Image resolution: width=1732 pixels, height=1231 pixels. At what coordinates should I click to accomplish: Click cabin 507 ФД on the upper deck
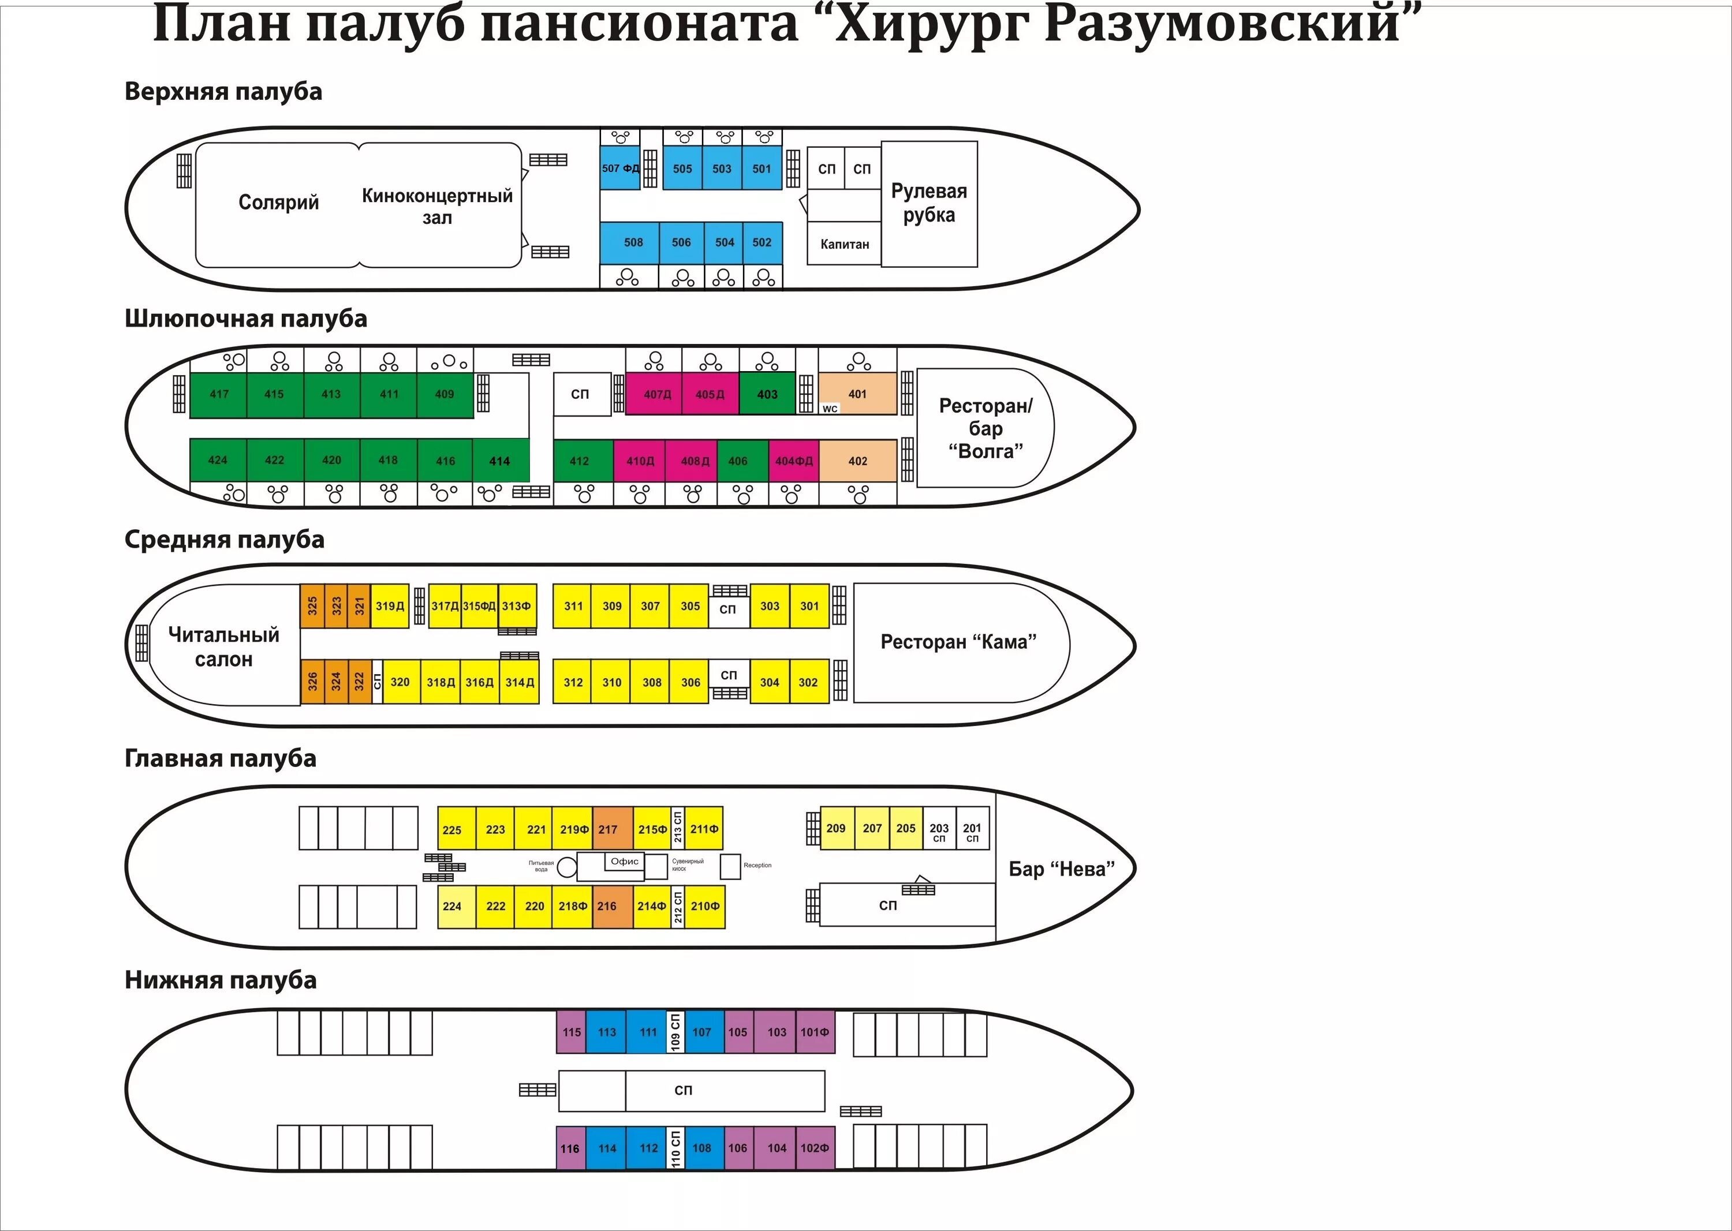(619, 169)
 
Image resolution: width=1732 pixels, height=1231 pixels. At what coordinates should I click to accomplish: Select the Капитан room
(844, 244)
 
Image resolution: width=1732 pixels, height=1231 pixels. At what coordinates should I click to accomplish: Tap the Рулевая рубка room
(929, 203)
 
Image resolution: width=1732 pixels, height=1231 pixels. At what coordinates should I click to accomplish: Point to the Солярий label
(278, 203)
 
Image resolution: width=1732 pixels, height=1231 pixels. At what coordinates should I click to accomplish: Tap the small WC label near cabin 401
(830, 409)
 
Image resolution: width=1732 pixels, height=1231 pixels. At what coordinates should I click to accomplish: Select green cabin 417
(219, 394)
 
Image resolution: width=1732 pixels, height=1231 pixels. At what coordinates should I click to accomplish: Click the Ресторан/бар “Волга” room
(985, 428)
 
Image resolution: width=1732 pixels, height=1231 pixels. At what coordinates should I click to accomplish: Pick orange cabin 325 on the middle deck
(312, 605)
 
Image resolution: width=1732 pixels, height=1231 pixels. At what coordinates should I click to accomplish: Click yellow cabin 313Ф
(516, 605)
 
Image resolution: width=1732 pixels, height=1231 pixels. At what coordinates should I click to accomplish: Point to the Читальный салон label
(223, 646)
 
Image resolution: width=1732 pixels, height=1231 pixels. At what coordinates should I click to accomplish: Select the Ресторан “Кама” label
(958, 642)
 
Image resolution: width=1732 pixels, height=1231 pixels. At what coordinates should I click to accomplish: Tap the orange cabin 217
(608, 829)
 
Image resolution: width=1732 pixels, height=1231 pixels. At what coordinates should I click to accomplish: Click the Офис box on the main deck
(625, 861)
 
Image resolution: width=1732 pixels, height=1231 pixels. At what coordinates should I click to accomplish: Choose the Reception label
(757, 865)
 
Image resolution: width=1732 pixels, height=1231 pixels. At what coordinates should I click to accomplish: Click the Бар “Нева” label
(1061, 869)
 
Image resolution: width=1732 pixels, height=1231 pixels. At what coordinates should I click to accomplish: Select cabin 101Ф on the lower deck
(815, 1032)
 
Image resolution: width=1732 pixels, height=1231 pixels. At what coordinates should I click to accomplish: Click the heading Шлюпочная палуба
(246, 319)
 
